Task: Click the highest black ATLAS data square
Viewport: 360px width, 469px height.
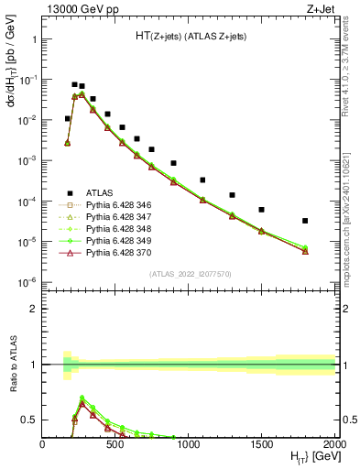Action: pos(74,84)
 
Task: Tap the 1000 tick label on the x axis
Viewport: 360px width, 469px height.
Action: pos(189,442)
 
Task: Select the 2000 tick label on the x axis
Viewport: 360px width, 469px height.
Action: pos(333,442)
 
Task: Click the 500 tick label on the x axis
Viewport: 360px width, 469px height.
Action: pos(115,442)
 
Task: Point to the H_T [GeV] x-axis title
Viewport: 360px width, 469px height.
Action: pos(311,457)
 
